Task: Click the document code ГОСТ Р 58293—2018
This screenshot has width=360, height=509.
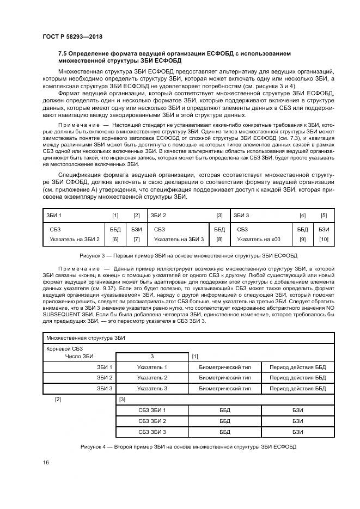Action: pyautogui.click(x=72, y=36)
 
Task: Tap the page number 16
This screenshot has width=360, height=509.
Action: pyautogui.click(x=45, y=462)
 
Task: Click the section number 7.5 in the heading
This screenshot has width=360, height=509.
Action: pyautogui.click(x=63, y=53)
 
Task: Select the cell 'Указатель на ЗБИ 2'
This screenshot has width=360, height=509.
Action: pyautogui.click(x=75, y=239)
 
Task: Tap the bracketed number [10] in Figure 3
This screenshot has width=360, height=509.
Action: pyautogui.click(x=324, y=239)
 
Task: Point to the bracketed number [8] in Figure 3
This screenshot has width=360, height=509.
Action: pyautogui.click(x=219, y=239)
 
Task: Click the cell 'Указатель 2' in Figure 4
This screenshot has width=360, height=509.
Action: pyautogui.click(x=152, y=377)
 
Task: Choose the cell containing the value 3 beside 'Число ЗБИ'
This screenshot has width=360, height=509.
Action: pyautogui.click(x=152, y=357)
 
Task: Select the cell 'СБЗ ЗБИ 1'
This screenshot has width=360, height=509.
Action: pyautogui.click(x=152, y=410)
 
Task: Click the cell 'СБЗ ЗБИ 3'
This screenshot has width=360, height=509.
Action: pyautogui.click(x=152, y=432)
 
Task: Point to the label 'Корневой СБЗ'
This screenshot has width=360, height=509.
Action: pyautogui.click(x=65, y=348)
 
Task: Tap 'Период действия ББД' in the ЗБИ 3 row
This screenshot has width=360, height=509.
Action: pyautogui.click(x=297, y=388)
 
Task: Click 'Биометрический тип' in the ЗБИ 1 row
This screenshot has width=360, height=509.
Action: pyautogui.click(x=225, y=367)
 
